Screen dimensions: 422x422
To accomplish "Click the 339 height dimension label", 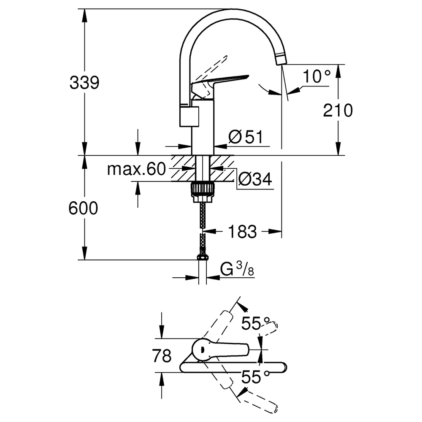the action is click(x=84, y=82).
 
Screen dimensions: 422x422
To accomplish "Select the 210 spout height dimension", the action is click(x=338, y=110).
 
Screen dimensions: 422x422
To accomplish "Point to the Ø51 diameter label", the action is click(x=246, y=137).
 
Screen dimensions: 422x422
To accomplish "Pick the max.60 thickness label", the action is click(x=136, y=169).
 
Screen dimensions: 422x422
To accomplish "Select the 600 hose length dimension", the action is click(x=83, y=208).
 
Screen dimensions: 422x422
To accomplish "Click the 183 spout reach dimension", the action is click(x=243, y=231).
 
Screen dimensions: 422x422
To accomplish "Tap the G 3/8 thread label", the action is click(x=237, y=269).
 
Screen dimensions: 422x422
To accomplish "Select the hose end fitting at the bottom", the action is click(x=203, y=257).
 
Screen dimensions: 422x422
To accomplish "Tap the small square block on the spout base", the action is click(x=189, y=116).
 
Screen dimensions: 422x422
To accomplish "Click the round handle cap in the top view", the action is click(x=203, y=350).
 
